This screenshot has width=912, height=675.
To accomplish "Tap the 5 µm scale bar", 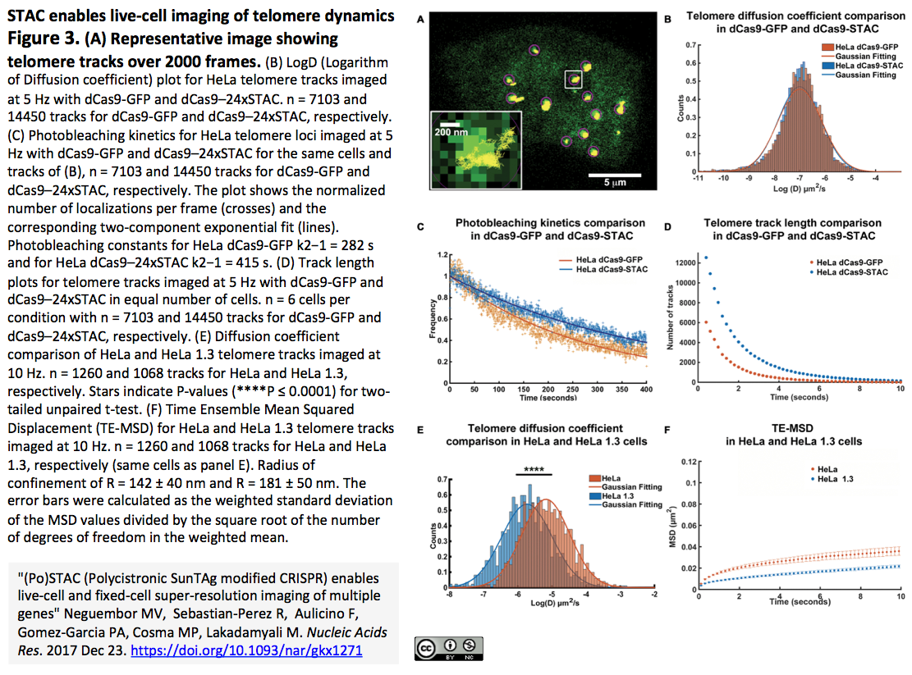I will [x=612, y=175].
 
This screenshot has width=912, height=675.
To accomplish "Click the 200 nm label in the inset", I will [x=451, y=132].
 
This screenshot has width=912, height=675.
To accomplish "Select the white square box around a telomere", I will [x=573, y=79].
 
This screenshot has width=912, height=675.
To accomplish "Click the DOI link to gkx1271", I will [x=246, y=650].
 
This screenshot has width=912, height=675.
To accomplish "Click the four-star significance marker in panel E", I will [x=534, y=471].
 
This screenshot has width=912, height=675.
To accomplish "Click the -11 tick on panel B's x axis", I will [x=697, y=176].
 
